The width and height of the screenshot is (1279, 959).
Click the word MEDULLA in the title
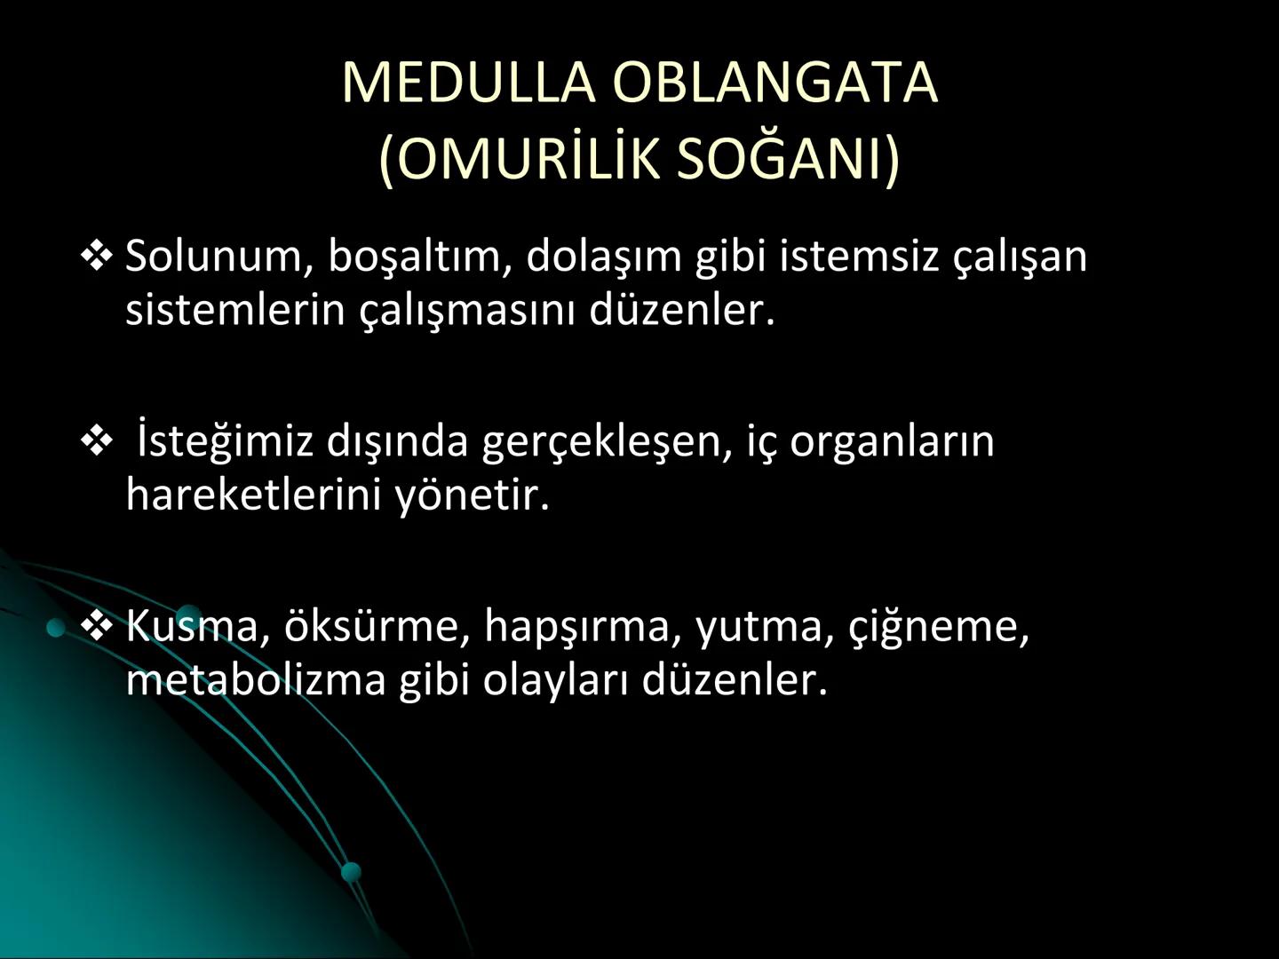coord(467,83)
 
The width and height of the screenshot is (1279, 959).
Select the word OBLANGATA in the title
coord(774,83)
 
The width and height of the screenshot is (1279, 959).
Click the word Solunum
coord(214,256)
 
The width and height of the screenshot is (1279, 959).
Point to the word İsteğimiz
coord(226,441)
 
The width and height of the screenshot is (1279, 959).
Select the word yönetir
coord(473,495)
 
